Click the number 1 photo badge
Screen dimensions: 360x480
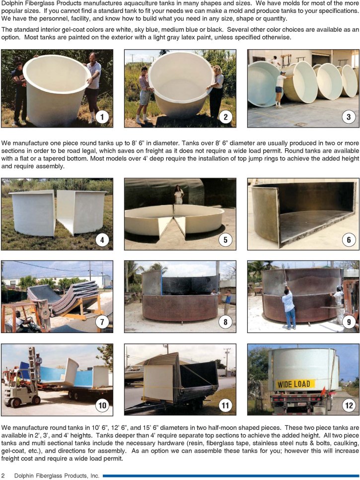click(102, 117)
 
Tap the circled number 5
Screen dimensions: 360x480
click(225, 239)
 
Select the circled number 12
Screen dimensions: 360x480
click(349, 406)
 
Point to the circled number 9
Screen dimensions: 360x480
click(349, 322)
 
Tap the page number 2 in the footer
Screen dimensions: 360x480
click(3, 476)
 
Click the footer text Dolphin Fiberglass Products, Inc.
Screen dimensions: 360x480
click(57, 476)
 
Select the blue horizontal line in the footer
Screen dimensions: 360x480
click(231, 476)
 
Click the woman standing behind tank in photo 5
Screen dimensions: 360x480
click(178, 195)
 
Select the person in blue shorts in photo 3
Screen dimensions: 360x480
click(280, 89)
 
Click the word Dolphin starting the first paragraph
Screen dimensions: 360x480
click(11, 3)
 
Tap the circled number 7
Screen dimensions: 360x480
click(102, 322)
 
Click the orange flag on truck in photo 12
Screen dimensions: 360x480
click(324, 392)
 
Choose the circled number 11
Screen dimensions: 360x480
click(225, 406)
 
